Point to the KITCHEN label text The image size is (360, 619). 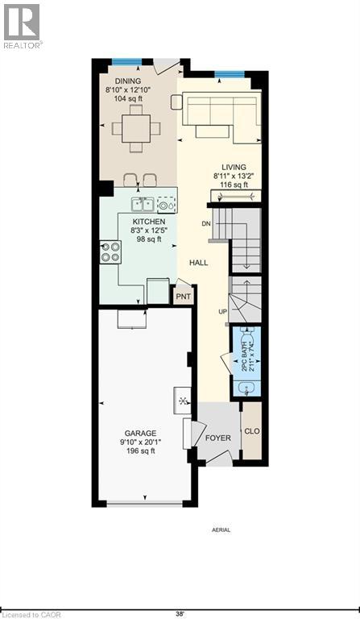(149, 222)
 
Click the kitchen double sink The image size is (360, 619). (144, 204)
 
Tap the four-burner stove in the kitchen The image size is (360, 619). (110, 252)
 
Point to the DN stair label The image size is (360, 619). (206, 223)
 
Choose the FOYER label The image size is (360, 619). (217, 438)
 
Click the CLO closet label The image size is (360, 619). (251, 431)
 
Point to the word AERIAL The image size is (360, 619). (221, 530)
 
